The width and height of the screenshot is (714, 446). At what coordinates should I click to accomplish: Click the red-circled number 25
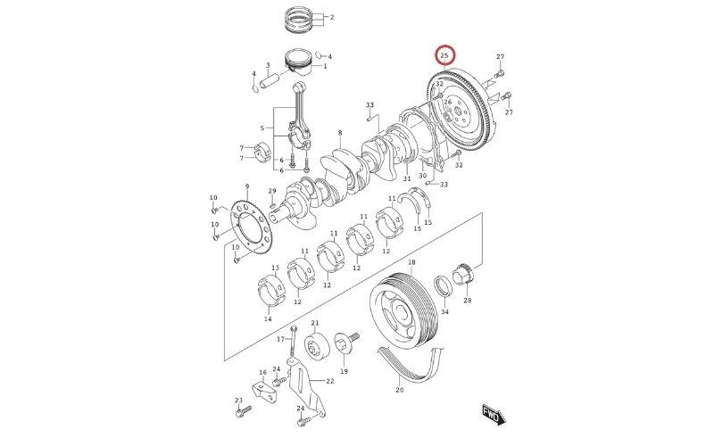(x=444, y=56)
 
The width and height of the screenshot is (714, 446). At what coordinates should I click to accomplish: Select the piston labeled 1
(x=300, y=63)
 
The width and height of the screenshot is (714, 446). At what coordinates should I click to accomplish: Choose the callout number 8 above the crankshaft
(x=340, y=133)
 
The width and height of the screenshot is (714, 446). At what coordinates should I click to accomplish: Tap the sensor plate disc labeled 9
(x=251, y=227)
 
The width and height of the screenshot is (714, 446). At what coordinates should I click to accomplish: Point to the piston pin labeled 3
(x=271, y=82)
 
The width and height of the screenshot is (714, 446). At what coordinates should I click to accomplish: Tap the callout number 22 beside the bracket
(x=330, y=381)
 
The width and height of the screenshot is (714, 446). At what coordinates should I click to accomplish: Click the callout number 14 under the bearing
(x=267, y=318)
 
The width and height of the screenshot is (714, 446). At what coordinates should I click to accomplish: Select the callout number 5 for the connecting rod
(x=261, y=128)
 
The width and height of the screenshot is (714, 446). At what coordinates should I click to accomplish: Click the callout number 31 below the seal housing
(x=407, y=179)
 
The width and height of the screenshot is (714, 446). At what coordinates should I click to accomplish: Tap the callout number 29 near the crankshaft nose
(x=272, y=192)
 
